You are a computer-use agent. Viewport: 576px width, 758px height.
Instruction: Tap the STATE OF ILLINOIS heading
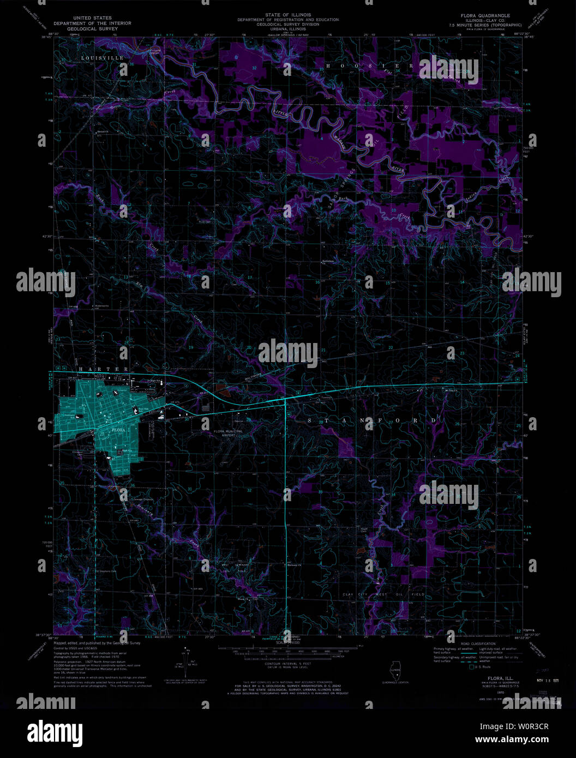pos(287,15)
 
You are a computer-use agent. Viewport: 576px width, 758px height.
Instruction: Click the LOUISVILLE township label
pos(103,58)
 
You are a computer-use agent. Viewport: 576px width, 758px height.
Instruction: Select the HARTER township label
pos(104,369)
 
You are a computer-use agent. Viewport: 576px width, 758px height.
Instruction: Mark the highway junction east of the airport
pos(285,401)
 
